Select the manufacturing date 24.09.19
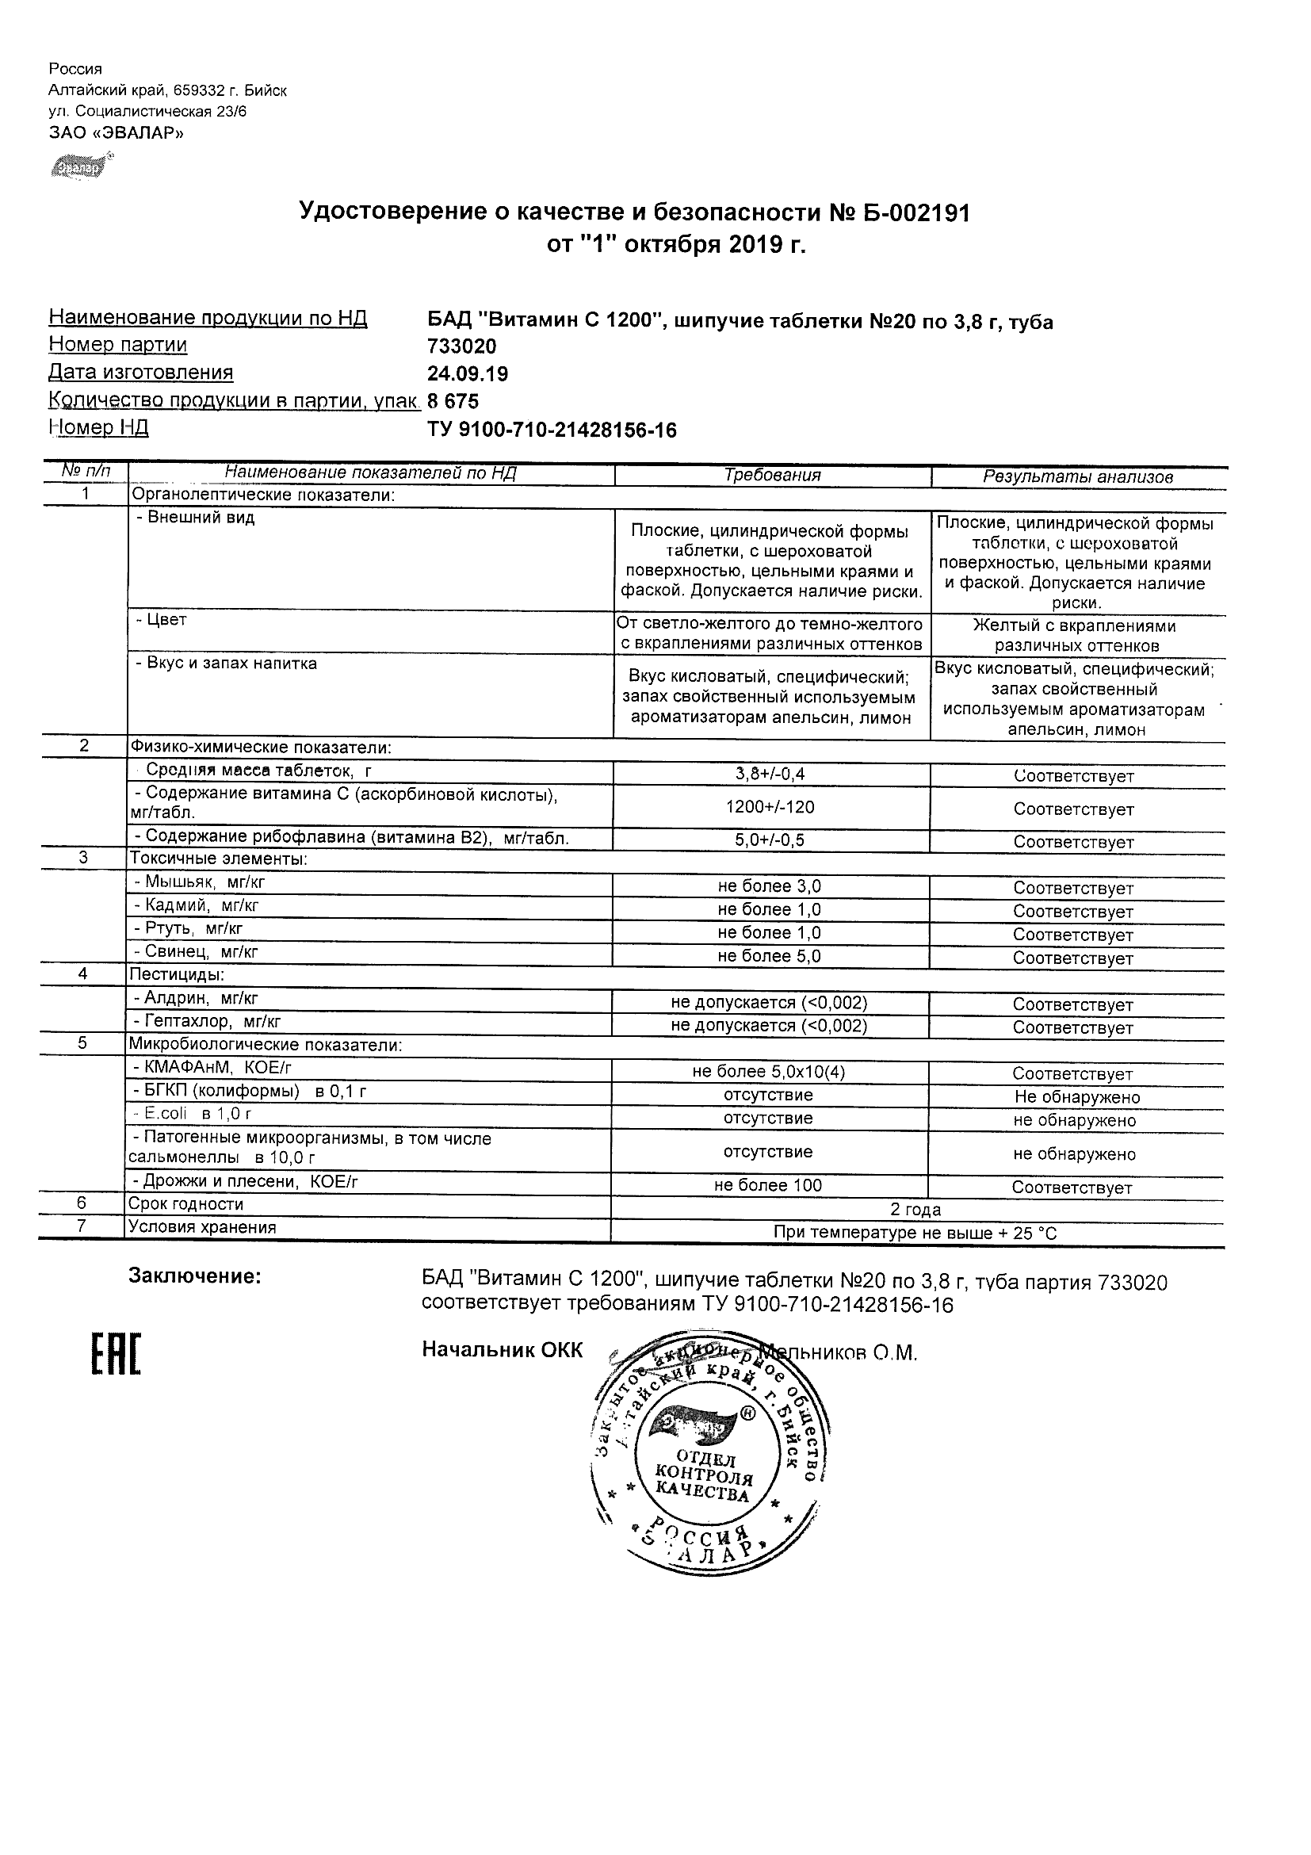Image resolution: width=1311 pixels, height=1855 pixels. pos(468,374)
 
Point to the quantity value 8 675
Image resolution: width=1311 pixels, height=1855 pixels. pos(453,402)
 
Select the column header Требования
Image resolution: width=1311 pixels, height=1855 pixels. pos(772,476)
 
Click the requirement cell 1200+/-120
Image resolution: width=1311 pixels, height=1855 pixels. pos(770,807)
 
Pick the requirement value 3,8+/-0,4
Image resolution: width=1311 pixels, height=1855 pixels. pos(770,774)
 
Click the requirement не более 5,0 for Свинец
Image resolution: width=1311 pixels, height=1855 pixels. pos(769,957)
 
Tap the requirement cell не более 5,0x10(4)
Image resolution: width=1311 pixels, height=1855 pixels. pos(769,1072)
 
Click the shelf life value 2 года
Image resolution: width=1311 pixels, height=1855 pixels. pos(915,1210)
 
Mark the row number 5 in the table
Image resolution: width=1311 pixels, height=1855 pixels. pos(82,1043)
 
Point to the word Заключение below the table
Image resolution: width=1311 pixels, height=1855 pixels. pos(195,1277)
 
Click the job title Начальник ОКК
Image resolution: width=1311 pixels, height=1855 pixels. pos(502,1351)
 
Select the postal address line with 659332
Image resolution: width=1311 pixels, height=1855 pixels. pos(168,90)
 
